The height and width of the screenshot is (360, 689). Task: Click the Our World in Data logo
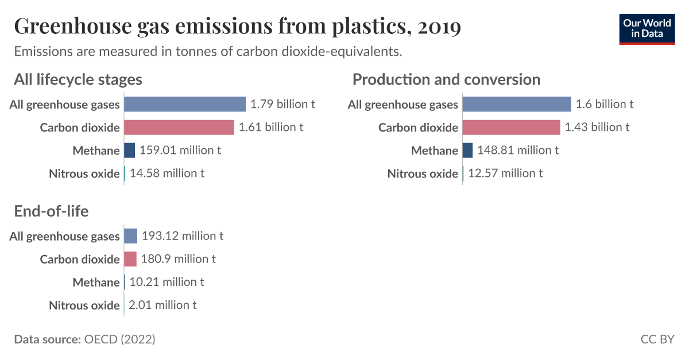[x=647, y=28]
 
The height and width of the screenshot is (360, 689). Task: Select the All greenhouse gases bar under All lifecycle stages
[x=184, y=104]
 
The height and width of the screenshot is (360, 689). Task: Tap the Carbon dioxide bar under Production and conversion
[x=510, y=127]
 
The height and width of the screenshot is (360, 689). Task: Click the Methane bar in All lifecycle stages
[x=129, y=150]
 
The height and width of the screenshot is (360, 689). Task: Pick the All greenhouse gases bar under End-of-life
[x=130, y=236]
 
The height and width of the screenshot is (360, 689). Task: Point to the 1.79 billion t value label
[x=282, y=104]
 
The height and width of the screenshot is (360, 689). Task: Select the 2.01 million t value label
[x=162, y=305]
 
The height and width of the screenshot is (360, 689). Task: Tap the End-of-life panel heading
[x=51, y=211]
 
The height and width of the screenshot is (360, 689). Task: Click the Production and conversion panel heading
[x=446, y=79]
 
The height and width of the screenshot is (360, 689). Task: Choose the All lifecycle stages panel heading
[x=78, y=79]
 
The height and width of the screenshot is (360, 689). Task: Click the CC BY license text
[x=657, y=339]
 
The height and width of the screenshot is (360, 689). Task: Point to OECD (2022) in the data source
[x=119, y=339]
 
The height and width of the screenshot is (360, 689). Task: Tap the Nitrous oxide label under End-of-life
[x=84, y=305]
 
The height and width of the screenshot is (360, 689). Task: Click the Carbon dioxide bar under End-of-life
[x=130, y=259]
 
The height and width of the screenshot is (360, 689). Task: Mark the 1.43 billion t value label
[x=597, y=127]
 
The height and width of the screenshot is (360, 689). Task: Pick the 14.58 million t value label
[x=167, y=173]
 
